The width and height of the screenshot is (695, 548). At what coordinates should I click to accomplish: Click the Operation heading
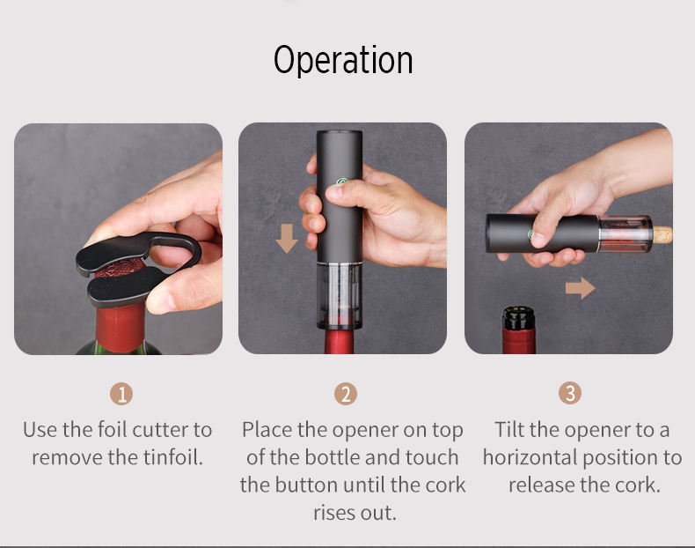coord(343,60)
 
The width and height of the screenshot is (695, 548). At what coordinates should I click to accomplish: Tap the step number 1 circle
coord(121,394)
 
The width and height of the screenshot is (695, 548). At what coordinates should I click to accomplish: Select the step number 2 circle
coord(346,394)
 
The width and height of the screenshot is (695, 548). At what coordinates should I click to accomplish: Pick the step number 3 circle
coord(570,393)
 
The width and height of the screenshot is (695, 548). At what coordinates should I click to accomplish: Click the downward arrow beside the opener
coord(287,238)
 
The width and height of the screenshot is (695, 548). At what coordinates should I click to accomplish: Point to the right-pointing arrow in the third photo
coord(581,288)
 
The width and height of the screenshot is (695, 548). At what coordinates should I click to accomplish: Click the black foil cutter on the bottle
coord(137,268)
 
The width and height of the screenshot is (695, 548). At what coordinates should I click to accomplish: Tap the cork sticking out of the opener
coord(662,234)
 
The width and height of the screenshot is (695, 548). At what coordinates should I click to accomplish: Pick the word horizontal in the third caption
coord(538,457)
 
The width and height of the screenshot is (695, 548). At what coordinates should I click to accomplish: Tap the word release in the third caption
coord(540,485)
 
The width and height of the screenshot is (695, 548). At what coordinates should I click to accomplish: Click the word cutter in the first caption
coord(160,430)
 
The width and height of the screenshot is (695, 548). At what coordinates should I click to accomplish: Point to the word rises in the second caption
coord(334,513)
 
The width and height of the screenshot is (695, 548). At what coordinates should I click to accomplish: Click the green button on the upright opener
coord(341,181)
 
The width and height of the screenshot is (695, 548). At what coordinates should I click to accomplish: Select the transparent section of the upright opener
coord(340,295)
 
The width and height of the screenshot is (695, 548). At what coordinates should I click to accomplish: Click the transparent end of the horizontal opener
coord(625,233)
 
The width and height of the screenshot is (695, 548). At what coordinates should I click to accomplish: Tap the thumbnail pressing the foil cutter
coord(157,301)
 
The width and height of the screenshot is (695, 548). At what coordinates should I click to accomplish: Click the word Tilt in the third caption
coord(509,430)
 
